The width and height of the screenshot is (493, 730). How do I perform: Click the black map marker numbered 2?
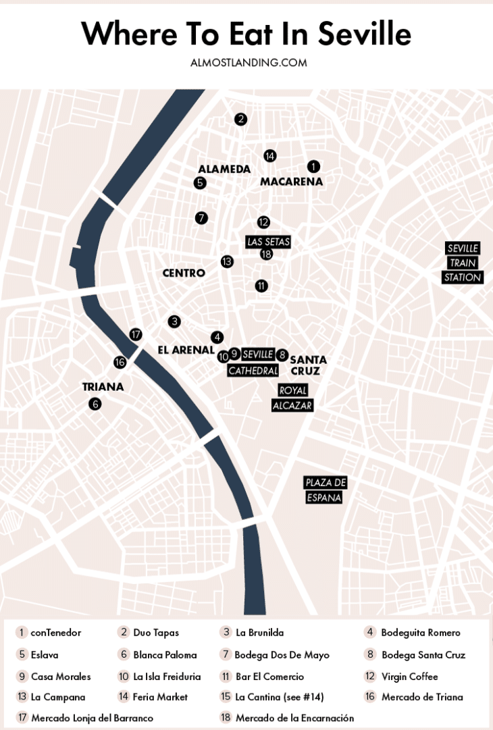click(240, 120)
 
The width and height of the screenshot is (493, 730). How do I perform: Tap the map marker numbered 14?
click(269, 156)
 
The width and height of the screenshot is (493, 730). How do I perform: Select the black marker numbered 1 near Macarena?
click(313, 166)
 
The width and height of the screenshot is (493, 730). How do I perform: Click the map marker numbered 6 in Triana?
click(95, 404)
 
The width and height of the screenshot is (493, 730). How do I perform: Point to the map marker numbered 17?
click(136, 334)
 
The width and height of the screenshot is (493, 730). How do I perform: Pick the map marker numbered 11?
click(261, 286)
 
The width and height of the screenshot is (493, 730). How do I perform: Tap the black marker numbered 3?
click(174, 321)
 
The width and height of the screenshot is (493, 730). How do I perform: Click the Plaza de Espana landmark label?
click(326, 490)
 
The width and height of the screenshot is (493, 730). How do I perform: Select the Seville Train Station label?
click(463, 263)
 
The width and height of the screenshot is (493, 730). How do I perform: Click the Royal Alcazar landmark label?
click(292, 398)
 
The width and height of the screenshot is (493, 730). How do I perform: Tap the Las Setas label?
click(268, 242)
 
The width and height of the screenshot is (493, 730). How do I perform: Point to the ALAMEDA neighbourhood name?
click(224, 170)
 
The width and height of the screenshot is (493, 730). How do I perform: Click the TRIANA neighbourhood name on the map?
click(103, 387)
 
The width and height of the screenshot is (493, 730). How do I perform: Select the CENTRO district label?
click(184, 273)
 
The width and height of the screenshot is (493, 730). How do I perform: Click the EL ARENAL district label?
click(186, 350)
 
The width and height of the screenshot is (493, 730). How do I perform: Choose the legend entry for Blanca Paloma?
click(165, 654)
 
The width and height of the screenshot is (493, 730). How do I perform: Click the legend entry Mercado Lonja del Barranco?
click(92, 718)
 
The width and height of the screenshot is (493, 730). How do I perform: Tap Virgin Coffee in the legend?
click(409, 676)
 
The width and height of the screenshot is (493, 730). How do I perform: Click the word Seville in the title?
click(364, 33)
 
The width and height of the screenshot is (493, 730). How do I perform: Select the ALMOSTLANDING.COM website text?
click(249, 63)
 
